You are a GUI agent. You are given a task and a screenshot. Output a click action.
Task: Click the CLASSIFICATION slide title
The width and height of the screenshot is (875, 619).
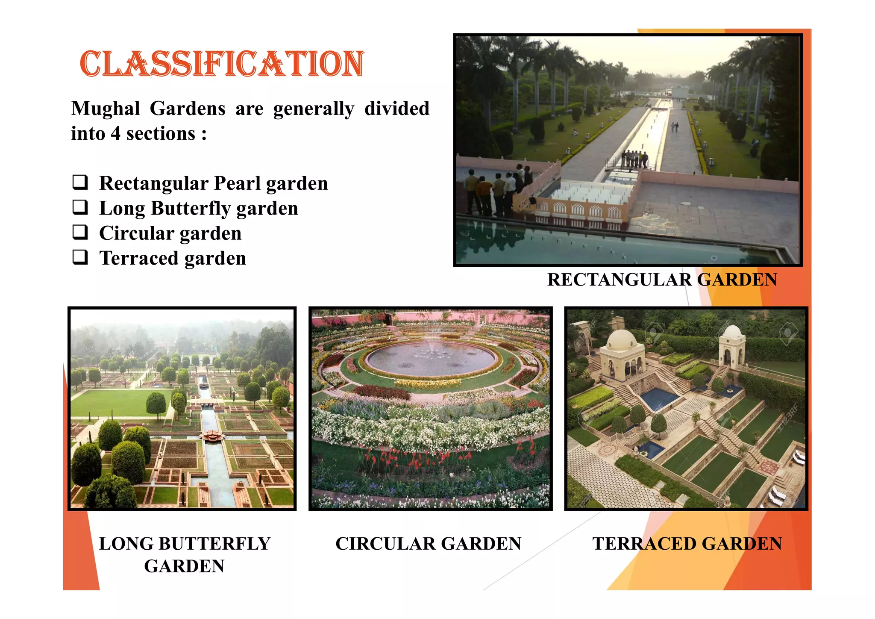click(222, 64)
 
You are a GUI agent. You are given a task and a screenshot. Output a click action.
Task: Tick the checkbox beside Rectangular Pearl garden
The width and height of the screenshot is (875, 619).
click(80, 182)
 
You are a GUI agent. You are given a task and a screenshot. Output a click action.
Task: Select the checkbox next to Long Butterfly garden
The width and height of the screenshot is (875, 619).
click(80, 207)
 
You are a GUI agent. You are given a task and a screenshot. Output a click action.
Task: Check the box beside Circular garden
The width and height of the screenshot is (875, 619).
click(80, 232)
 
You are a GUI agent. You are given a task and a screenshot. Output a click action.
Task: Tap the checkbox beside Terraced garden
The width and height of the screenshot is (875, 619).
click(80, 257)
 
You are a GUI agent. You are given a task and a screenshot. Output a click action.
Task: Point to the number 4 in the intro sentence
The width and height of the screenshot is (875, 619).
click(115, 133)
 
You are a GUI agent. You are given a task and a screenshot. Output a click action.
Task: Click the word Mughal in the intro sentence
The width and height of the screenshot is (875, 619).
click(106, 108)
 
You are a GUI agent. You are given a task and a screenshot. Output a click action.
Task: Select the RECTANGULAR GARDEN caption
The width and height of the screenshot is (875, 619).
click(662, 280)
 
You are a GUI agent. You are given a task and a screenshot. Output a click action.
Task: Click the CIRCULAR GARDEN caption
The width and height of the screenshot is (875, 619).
click(428, 543)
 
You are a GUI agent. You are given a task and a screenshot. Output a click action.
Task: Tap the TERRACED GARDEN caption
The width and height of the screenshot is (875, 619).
click(687, 543)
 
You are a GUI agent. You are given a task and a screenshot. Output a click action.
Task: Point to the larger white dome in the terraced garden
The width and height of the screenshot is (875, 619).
click(622, 340)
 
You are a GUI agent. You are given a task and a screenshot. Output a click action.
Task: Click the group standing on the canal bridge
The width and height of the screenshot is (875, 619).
click(634, 159)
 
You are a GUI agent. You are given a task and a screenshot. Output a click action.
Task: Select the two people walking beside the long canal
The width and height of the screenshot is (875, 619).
click(674, 127)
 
